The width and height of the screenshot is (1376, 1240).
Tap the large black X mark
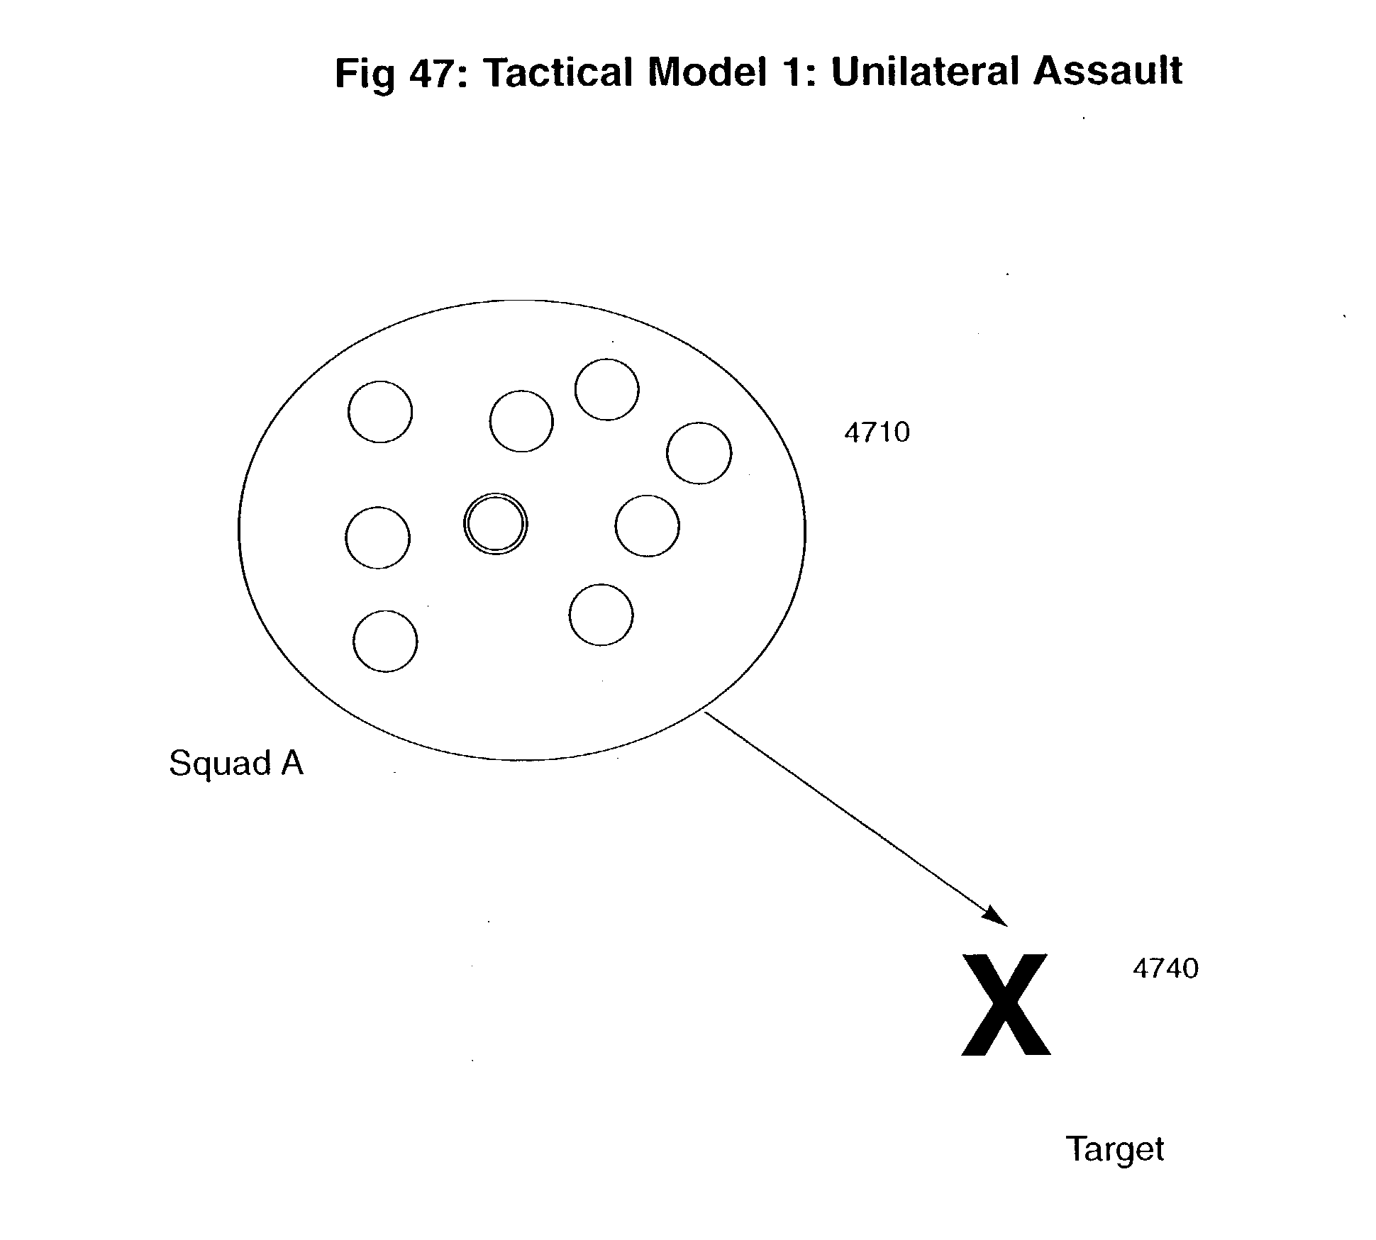pos(1006,1005)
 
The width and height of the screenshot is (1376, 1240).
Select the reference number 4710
pos(877,432)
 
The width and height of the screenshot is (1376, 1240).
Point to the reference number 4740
pos(1165,968)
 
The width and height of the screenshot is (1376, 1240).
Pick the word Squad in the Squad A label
pos(220,764)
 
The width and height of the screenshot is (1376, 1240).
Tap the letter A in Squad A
pos(292,763)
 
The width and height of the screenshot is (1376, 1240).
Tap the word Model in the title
pos(706,72)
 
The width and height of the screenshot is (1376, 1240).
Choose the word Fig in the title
pos(365,74)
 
